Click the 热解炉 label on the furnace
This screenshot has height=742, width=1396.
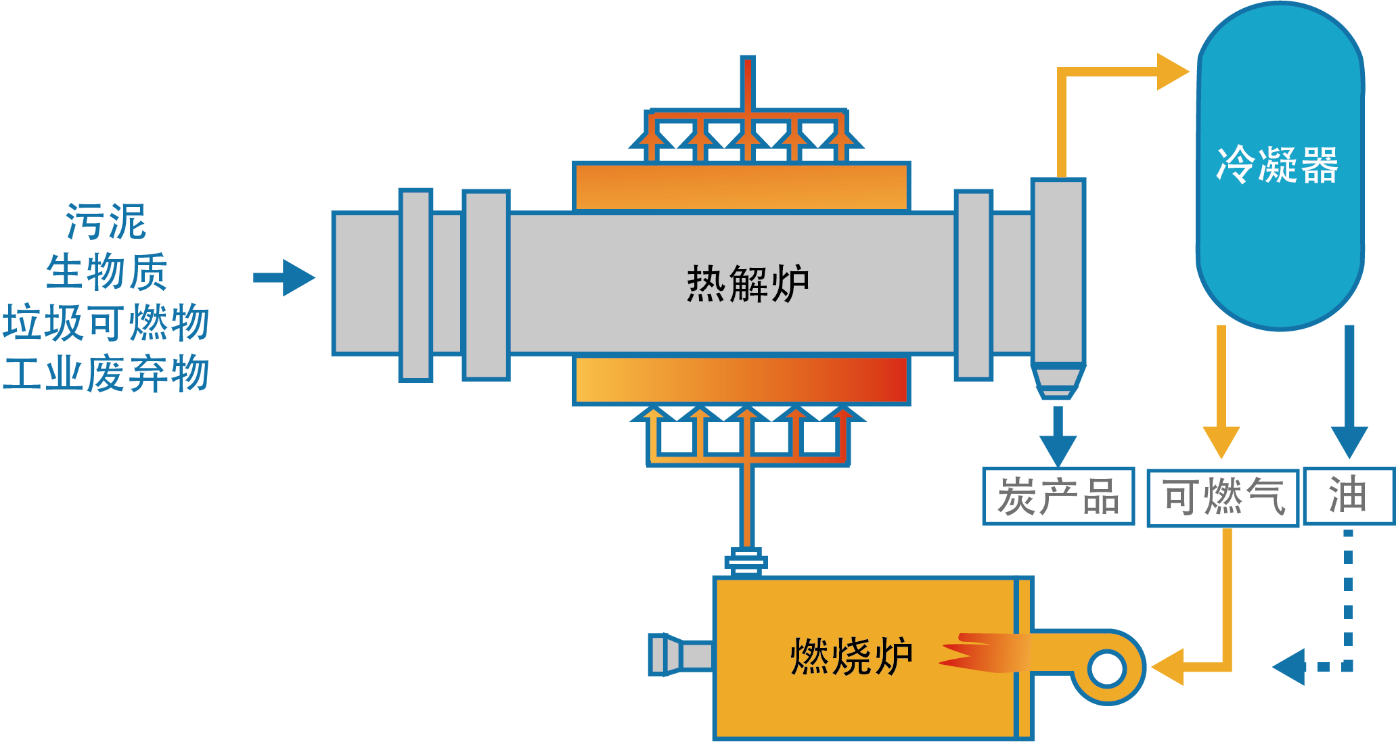[x=748, y=284]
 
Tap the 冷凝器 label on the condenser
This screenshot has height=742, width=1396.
[x=1278, y=165]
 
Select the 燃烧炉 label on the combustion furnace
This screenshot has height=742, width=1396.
[x=851, y=656]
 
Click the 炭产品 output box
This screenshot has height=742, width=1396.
[x=1058, y=496]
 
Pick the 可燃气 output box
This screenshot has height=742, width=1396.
[x=1223, y=498]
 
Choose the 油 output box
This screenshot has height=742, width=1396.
[x=1349, y=496]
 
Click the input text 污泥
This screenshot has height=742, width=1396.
[x=106, y=222]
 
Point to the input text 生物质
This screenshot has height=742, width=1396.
[x=106, y=272]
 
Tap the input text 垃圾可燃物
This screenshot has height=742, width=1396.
[x=106, y=322]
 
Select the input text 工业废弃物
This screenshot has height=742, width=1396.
[x=106, y=373]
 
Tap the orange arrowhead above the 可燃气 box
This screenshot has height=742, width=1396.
[x=1221, y=441]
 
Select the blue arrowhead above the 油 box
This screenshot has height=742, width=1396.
[x=1349, y=441]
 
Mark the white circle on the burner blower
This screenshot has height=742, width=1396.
[x=1107, y=668]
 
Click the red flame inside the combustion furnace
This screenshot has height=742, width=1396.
[x=974, y=653]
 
